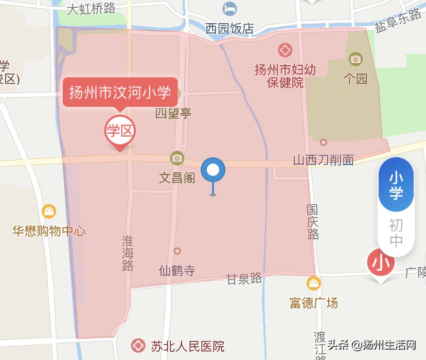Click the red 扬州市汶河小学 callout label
120,93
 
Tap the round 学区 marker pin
120,131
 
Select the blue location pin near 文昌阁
213,170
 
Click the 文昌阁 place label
177,178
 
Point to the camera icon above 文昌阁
177,157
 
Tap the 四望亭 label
173,113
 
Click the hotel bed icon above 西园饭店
229,9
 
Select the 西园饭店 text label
229,28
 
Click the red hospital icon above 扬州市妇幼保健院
285,50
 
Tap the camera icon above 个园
356,59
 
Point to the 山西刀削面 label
323,160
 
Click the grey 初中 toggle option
396,232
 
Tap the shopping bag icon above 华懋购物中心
49,211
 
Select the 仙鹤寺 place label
177,271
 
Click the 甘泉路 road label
244,279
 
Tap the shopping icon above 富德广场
313,283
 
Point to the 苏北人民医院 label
188,346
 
